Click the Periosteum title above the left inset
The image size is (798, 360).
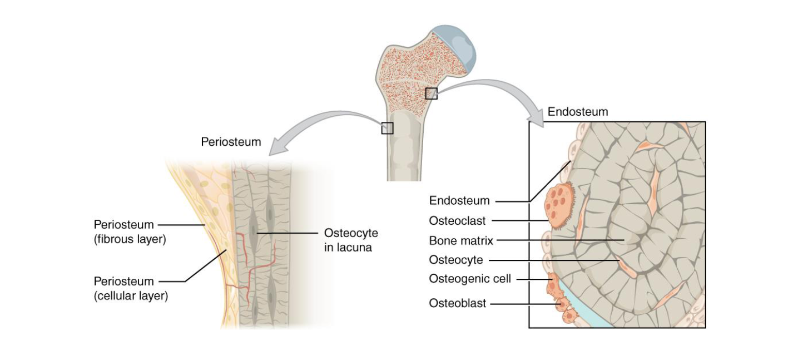[x=231, y=142]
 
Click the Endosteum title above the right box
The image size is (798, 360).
[x=578, y=112]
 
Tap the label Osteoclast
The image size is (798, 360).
[x=457, y=221]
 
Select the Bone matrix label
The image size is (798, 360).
[x=461, y=241]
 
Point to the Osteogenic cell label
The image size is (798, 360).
[x=469, y=279]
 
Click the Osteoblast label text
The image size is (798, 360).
[x=457, y=303]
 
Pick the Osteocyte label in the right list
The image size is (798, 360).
[x=456, y=260]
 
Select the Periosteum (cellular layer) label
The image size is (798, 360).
[x=131, y=288]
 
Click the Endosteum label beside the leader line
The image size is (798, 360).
[x=459, y=200]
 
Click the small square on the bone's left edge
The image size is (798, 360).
[x=387, y=128]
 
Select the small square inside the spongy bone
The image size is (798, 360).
[x=432, y=93]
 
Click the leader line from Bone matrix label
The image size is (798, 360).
[x=562, y=241]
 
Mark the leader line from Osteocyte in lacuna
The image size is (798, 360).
[x=286, y=232]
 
